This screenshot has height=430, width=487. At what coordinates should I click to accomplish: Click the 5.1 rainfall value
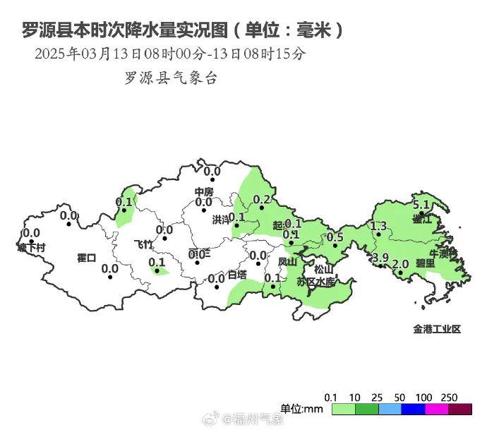[421, 205]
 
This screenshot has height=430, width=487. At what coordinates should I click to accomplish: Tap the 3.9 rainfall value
[380, 257]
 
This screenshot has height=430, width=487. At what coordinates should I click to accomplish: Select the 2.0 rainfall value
[400, 265]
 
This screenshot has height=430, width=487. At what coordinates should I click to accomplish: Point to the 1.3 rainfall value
[378, 226]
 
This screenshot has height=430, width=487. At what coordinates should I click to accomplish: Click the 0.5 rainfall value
[336, 237]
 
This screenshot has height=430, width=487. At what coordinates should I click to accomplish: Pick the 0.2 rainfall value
[261, 200]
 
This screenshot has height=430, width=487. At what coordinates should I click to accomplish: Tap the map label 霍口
[86, 258]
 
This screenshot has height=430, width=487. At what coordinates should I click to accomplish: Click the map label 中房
[204, 192]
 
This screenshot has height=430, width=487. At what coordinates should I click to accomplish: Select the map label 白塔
[237, 275]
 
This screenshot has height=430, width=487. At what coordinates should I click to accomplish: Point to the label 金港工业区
[437, 329]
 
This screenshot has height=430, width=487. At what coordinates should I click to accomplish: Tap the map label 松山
[323, 269]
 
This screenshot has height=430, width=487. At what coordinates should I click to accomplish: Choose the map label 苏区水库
[314, 282]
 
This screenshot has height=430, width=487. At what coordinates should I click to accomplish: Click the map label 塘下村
[31, 248]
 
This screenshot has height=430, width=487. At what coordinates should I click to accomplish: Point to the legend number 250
[450, 396]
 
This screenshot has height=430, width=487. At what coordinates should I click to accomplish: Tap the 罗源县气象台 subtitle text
[171, 78]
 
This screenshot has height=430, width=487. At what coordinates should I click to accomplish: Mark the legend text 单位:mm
[301, 409]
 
